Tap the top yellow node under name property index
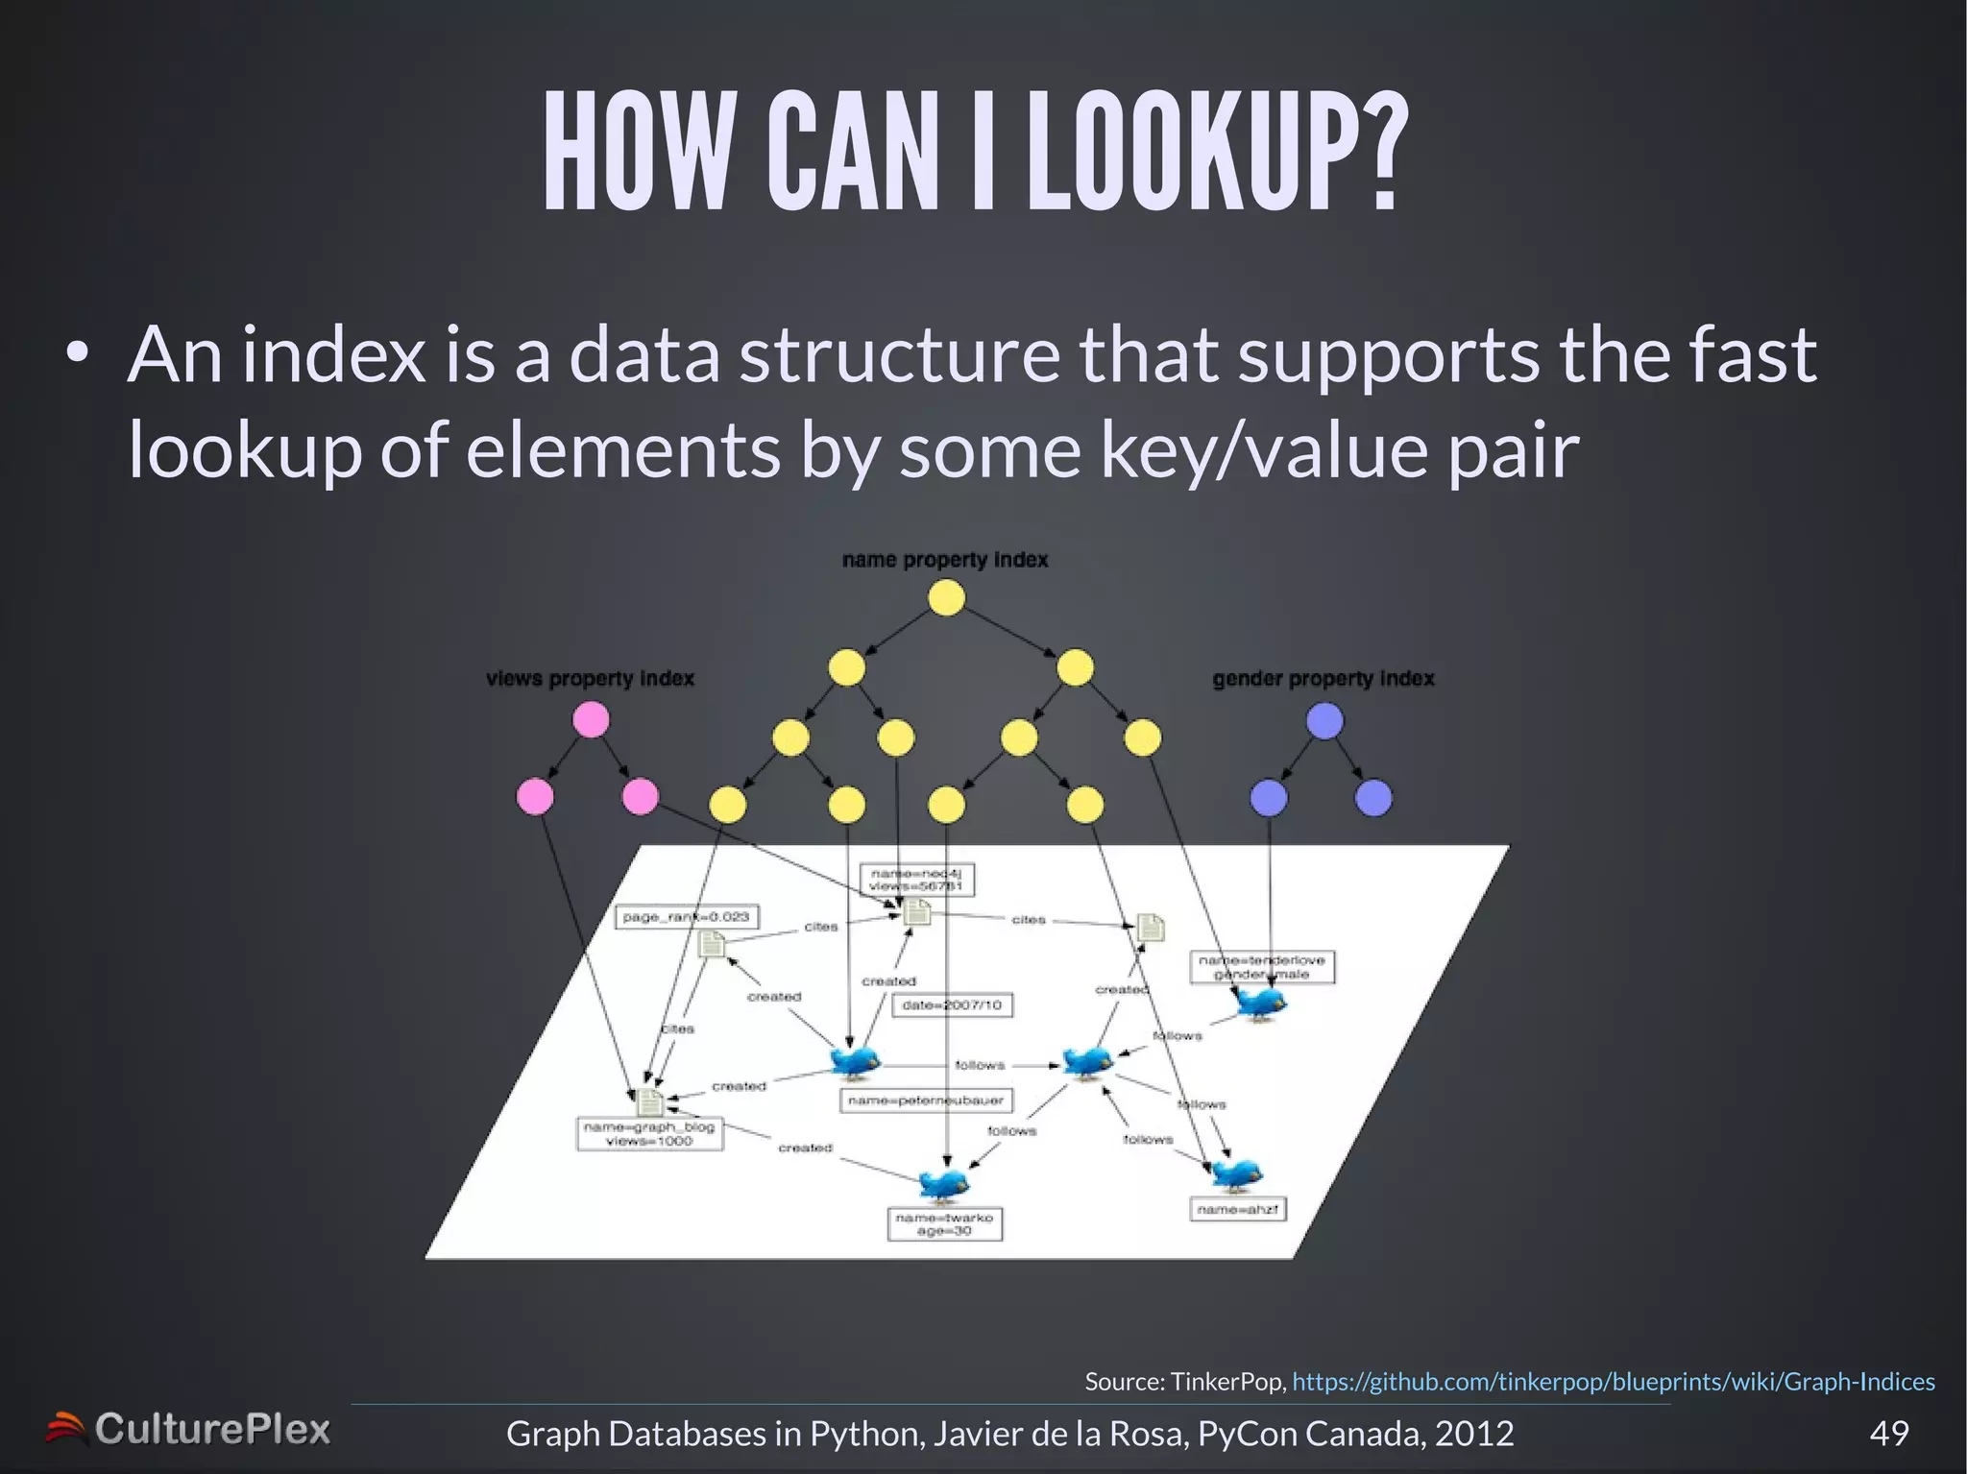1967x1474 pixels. tap(946, 598)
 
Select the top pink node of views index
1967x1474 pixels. tap(591, 719)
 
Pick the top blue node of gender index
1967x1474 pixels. tap(1324, 721)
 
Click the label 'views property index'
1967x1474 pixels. tap(590, 679)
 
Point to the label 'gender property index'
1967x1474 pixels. tap(1323, 679)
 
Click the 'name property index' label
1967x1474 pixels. tap(944, 560)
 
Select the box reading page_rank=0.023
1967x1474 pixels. tap(686, 917)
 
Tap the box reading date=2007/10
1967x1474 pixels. tap(952, 1005)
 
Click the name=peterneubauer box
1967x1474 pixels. tap(926, 1100)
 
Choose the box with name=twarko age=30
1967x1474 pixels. tap(944, 1224)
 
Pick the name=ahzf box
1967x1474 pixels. tap(1237, 1210)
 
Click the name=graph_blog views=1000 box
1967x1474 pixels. tap(649, 1134)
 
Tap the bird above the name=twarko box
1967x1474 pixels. tap(943, 1185)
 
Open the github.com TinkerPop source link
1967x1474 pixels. tap(1613, 1382)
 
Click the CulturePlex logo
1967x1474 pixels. tap(188, 1430)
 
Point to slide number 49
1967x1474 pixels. tap(1888, 1433)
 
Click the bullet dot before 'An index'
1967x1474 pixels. tap(78, 355)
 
